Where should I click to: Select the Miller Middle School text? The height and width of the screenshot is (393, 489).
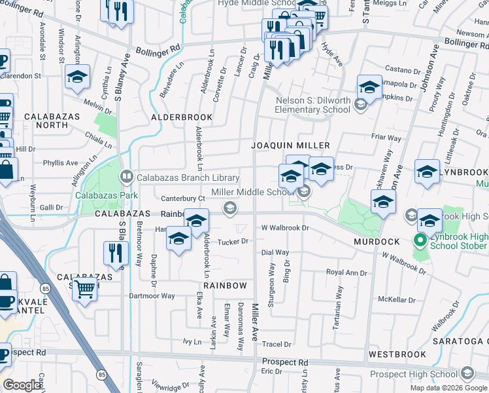click(252, 192)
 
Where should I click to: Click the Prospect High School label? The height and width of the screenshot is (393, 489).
click(414, 374)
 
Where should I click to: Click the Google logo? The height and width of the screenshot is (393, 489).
click(23, 385)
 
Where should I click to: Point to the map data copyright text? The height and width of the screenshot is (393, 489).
click(448, 388)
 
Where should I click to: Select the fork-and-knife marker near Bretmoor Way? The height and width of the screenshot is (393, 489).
click(115, 253)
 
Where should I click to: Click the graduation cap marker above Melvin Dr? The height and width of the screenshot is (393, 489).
click(77, 77)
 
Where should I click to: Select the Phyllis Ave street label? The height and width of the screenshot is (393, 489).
click(60, 163)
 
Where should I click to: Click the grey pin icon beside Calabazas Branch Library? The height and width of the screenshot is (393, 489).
click(126, 177)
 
